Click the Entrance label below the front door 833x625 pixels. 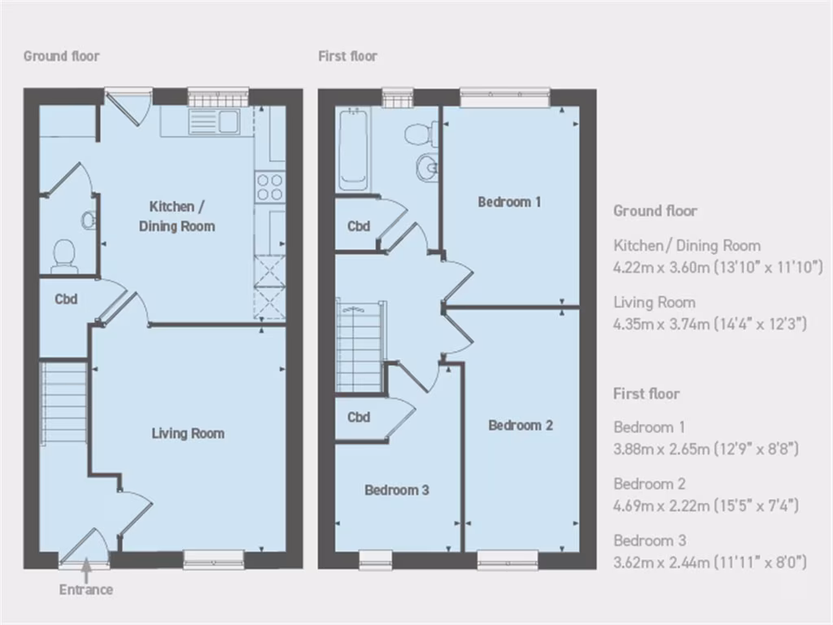point(85,589)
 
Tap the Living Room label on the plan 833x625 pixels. point(188,434)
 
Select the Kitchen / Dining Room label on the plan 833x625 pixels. point(177,216)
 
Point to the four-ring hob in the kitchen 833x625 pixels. point(269,187)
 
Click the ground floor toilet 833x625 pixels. point(63,256)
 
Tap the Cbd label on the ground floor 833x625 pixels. point(66,299)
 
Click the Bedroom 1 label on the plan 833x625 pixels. point(509,202)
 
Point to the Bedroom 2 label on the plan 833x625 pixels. point(521,426)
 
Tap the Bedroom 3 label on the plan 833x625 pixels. point(396,491)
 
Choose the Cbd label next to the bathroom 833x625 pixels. point(359,226)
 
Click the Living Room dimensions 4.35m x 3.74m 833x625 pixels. point(709,324)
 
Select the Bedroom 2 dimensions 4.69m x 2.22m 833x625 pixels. point(705,505)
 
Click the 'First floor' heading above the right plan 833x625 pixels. point(347,56)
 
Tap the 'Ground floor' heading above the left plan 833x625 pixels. point(61,56)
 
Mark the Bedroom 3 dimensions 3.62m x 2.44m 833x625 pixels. point(709,562)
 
